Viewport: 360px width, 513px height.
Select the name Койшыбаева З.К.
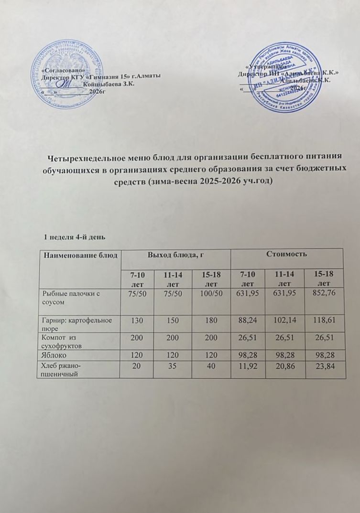(109, 84)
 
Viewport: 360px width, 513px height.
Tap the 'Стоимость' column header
(286, 255)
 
